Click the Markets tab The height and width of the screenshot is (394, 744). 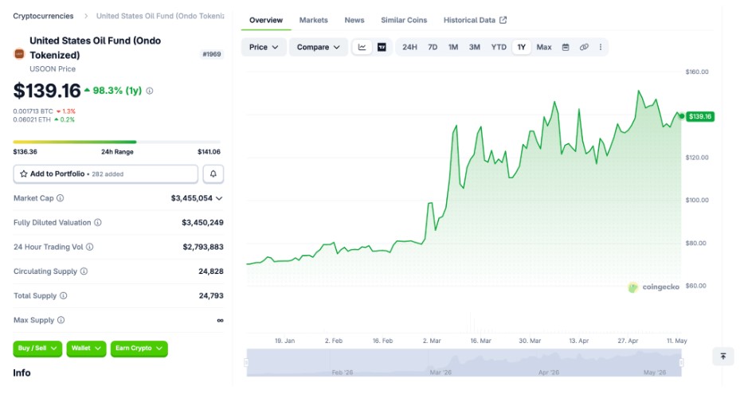click(313, 20)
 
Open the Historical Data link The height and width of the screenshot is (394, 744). click(475, 20)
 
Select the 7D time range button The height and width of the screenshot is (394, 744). click(433, 47)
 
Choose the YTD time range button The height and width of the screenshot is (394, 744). click(498, 47)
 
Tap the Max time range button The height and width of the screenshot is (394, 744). click(544, 47)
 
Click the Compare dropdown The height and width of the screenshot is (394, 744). click(319, 47)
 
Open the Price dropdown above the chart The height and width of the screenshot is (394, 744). click(264, 47)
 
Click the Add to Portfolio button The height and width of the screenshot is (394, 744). click(105, 174)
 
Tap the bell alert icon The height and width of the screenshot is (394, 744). click(213, 174)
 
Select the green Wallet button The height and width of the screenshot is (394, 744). click(86, 348)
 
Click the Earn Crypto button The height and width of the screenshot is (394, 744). click(139, 348)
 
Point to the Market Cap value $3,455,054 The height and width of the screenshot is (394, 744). click(192, 198)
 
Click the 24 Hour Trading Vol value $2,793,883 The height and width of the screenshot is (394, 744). click(203, 247)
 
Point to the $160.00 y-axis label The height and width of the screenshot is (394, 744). click(696, 72)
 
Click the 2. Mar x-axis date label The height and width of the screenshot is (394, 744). click(432, 341)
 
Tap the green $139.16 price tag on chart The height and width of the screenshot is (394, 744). click(700, 116)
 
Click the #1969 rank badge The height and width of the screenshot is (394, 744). click(212, 54)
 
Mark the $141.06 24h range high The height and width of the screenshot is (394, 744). click(209, 152)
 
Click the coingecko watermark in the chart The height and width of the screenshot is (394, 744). click(654, 287)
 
